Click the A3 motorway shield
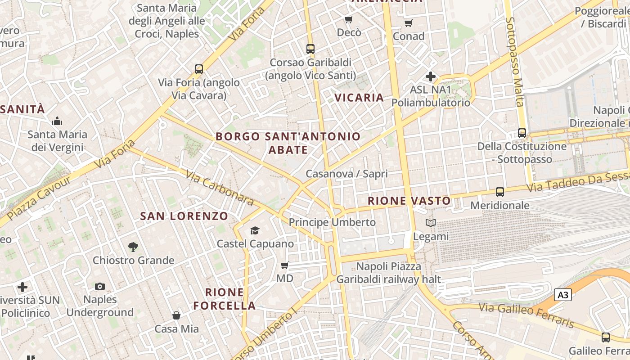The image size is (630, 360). point(563,295)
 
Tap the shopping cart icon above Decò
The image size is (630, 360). point(348,19)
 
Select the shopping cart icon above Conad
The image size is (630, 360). point(408,23)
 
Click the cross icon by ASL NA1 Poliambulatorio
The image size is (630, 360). point(431,76)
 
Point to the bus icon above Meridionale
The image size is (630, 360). point(499,192)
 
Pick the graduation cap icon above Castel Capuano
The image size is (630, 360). point(255,231)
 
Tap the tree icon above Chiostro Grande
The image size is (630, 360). point(133,247)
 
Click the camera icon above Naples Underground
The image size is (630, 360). point(100,286)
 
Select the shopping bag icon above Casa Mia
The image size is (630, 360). point(176,315)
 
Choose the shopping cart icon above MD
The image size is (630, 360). point(284,265)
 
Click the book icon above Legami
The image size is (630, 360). point(431,223)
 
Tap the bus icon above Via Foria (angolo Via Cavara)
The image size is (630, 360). point(199,69)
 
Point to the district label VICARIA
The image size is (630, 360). point(359,98)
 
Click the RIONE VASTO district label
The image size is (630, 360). point(409,201)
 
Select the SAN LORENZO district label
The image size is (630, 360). point(184,216)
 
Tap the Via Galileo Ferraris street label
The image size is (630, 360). point(526,315)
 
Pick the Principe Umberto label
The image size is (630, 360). point(332,222)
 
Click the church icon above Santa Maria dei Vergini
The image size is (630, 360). point(57,121)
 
